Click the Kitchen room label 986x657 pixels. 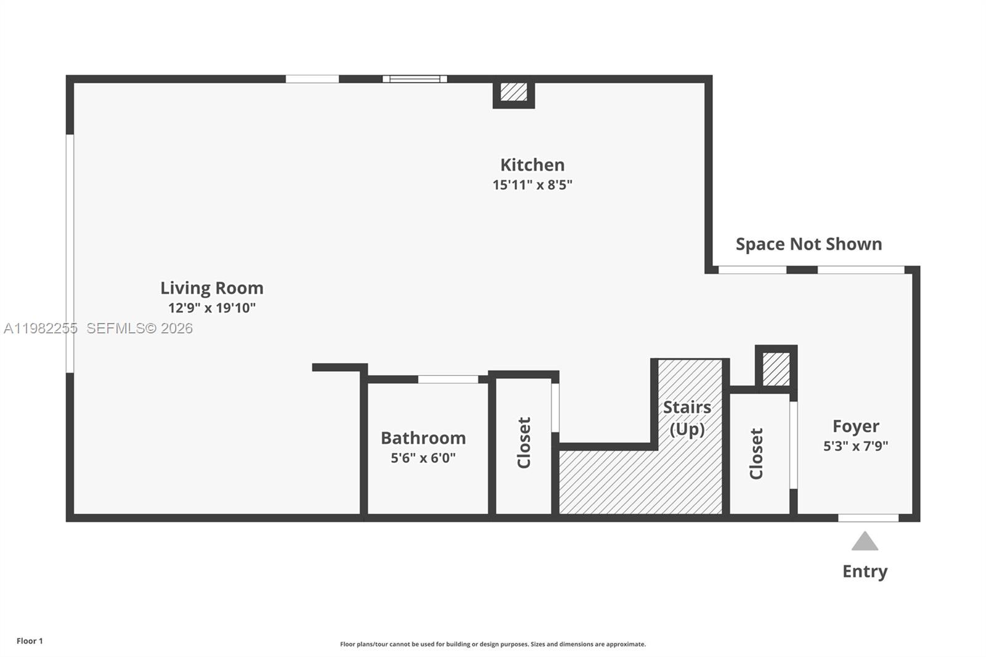[532, 165]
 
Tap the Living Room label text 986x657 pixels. [211, 288]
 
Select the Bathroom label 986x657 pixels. [423, 438]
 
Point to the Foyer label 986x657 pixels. [855, 426]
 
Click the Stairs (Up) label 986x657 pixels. [687, 418]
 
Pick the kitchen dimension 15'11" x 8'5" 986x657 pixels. [532, 184]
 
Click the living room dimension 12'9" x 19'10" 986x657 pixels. [211, 308]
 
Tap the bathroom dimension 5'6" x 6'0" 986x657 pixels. [423, 457]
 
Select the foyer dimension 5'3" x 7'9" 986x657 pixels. [855, 446]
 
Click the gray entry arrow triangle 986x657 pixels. [865, 542]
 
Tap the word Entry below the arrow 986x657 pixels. [865, 571]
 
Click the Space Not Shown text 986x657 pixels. [809, 244]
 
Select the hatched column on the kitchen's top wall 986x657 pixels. [513, 92]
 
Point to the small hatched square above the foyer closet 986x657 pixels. [776, 368]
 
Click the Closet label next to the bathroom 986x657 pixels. [524, 443]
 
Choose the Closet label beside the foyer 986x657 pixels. [756, 453]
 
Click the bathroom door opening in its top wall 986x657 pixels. [448, 379]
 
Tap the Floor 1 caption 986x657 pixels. [30, 641]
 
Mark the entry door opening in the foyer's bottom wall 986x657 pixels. [868, 518]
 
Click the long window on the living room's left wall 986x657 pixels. [70, 253]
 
